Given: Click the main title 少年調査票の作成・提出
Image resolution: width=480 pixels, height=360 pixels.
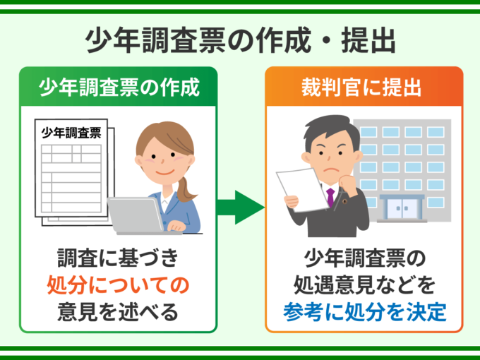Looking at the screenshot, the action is click(240, 40).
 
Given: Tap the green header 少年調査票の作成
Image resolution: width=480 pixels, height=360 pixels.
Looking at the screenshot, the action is click(119, 88).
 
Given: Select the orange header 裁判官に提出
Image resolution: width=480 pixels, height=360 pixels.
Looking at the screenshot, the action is click(361, 88).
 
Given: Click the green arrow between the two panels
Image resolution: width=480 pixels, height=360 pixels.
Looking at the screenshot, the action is click(241, 208).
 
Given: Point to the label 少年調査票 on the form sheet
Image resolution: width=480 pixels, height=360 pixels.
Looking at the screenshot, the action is click(71, 133).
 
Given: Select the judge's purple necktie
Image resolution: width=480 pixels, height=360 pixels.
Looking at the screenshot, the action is click(330, 197).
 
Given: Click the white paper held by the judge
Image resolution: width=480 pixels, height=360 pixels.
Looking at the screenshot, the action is click(302, 190).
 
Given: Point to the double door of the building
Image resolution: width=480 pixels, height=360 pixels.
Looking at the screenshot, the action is click(402, 209).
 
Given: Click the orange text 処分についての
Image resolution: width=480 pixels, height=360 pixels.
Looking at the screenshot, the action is click(118, 285).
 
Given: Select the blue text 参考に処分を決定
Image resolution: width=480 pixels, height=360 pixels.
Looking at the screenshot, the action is click(364, 312).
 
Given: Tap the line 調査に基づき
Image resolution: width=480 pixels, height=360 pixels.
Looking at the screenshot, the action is click(118, 258).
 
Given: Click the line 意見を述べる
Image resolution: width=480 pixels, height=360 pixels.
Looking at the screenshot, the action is click(118, 312).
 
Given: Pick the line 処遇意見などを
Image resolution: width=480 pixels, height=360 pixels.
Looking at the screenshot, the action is click(364, 285).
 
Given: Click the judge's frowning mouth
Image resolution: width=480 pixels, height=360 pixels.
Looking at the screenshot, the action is click(331, 169).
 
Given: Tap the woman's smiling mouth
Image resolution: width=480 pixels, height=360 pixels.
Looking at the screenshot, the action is click(164, 172).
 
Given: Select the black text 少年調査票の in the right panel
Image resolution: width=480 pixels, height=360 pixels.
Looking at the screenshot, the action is click(364, 258).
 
